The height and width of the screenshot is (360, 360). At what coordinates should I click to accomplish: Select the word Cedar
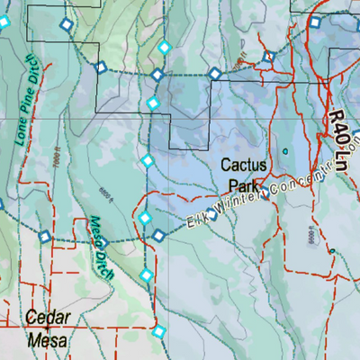pos(49,317)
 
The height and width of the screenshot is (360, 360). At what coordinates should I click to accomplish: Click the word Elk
pos(193,220)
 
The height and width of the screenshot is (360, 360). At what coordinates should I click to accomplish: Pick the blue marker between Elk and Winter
pos(213,214)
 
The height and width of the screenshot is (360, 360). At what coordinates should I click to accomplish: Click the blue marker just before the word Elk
pos(159,235)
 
